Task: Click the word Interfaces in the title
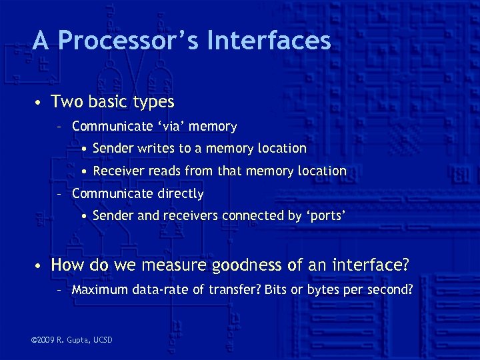click(269, 41)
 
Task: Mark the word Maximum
click(99, 290)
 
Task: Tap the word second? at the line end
click(389, 290)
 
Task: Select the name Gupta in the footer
click(81, 341)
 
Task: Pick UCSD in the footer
click(104, 341)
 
